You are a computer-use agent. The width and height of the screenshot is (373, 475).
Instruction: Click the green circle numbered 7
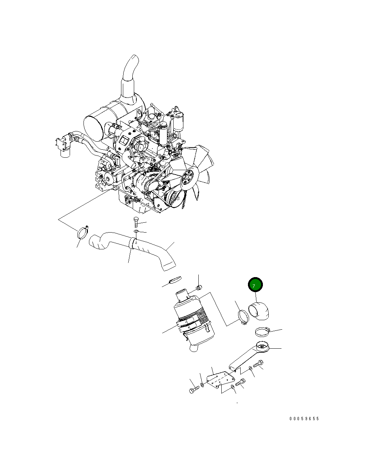(x=255, y=285)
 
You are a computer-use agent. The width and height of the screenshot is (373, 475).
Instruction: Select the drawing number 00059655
(x=304, y=419)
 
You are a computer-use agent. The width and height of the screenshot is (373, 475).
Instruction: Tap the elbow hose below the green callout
(x=260, y=311)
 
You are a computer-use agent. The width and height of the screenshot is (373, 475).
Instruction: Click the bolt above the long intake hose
(x=136, y=222)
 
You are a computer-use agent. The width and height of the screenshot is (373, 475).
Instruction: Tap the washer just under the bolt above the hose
(x=136, y=231)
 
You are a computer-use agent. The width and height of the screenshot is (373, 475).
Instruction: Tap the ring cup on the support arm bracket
(x=263, y=346)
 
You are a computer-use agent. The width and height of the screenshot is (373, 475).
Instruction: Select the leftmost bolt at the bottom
(x=193, y=390)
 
